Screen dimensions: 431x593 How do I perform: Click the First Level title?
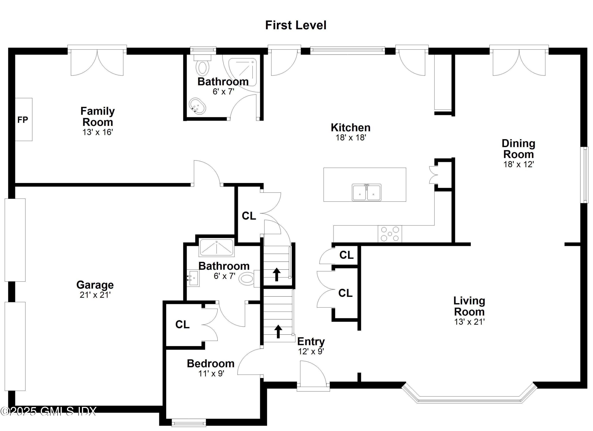[296, 25]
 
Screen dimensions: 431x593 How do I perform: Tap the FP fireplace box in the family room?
[23, 120]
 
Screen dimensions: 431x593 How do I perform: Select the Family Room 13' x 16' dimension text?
[97, 132]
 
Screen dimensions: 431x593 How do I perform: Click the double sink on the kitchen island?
[366, 192]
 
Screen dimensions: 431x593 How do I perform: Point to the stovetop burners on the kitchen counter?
[390, 234]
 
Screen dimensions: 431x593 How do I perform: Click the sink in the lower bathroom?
[193, 278]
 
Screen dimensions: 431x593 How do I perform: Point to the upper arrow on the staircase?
[277, 274]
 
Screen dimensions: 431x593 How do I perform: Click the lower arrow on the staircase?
[278, 331]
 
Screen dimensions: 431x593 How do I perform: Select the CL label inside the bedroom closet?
[182, 325]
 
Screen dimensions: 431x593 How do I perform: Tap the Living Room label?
[469, 306]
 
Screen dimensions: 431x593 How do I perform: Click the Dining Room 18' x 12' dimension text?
[518, 164]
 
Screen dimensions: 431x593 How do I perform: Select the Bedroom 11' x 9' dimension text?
[211, 373]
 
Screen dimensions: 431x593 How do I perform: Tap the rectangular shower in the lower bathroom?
[217, 248]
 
